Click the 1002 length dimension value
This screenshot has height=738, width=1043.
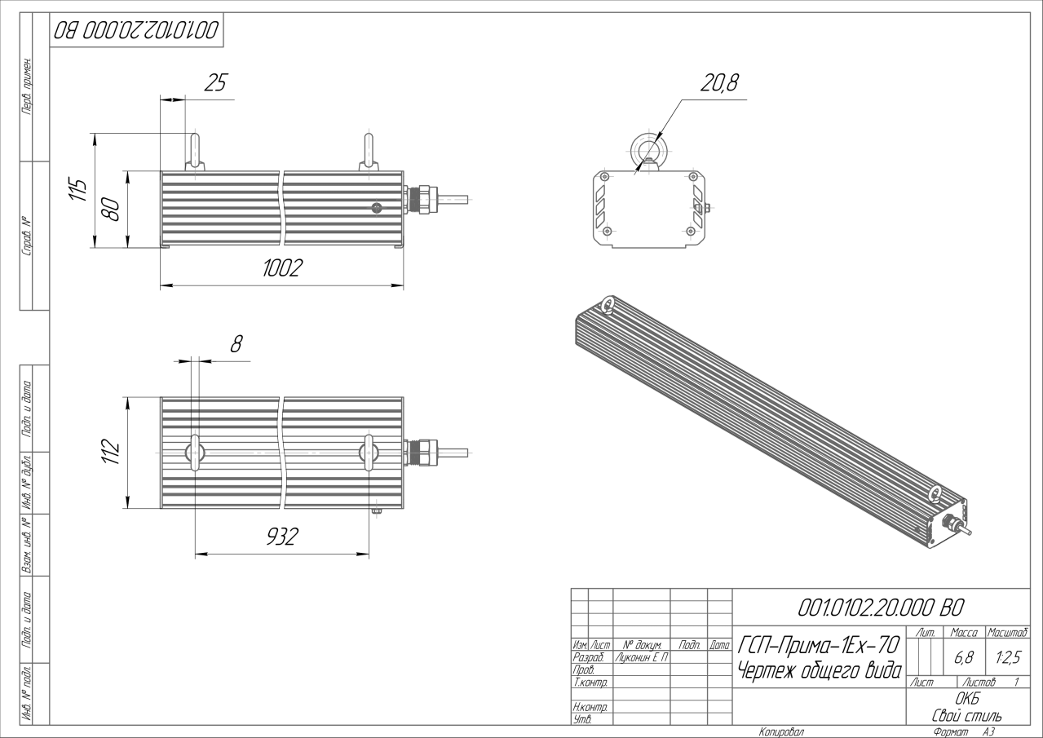(282, 268)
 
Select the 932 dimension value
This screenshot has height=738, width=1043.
(282, 537)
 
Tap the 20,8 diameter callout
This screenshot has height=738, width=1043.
(719, 83)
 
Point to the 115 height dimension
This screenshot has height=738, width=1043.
(77, 189)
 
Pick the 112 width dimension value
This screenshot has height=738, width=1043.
(111, 451)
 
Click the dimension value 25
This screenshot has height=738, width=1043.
(215, 82)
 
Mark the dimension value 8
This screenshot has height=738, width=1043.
(236, 344)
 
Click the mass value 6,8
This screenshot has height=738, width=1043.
(964, 657)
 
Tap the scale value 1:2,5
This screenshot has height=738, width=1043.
(1008, 657)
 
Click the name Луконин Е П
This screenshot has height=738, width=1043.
(642, 657)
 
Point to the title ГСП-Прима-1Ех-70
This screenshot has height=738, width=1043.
(819, 645)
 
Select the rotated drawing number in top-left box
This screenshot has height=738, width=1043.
(136, 30)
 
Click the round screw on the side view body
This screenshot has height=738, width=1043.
(377, 208)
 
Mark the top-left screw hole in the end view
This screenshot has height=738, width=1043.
(605, 176)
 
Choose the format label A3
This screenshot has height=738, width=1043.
(988, 732)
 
